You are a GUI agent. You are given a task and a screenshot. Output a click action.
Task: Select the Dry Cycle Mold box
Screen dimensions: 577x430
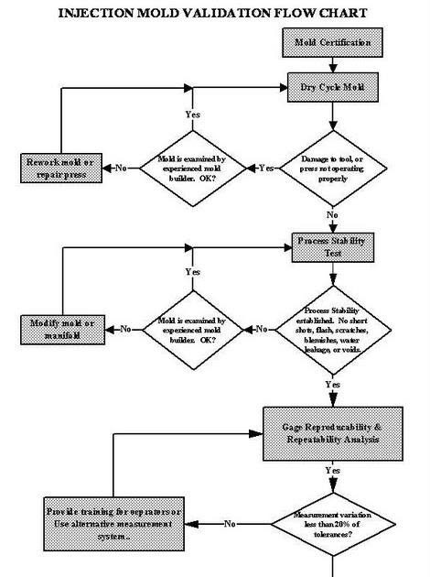(330, 87)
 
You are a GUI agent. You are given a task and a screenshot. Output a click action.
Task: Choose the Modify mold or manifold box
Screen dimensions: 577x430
(61, 329)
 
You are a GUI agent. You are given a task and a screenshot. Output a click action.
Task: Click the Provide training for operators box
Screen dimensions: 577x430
(102, 522)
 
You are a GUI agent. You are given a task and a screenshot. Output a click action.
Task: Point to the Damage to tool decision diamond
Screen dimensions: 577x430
(330, 168)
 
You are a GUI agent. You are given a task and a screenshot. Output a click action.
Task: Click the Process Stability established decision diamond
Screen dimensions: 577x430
(330, 328)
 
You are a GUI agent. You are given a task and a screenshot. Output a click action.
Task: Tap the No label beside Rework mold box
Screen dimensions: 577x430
(121, 168)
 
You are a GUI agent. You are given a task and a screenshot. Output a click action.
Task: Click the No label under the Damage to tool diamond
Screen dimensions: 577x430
(330, 214)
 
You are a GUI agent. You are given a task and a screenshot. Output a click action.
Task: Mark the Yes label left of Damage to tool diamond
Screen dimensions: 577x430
(265, 168)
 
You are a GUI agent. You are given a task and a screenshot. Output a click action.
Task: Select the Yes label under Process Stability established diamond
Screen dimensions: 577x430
(332, 385)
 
